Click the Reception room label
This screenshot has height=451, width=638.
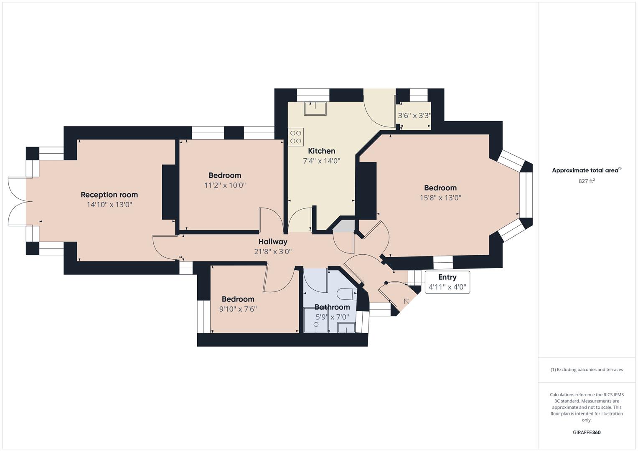click(x=109, y=195)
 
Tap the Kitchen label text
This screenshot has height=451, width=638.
click(x=321, y=151)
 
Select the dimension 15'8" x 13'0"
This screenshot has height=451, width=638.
click(x=440, y=198)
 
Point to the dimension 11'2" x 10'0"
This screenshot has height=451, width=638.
click(x=225, y=185)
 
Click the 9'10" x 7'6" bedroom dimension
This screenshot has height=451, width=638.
click(x=238, y=309)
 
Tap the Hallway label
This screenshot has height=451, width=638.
click(x=272, y=241)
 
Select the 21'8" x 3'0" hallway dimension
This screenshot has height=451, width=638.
click(x=272, y=252)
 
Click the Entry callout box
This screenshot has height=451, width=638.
click(x=447, y=282)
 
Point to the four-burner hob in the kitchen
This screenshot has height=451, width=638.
click(x=296, y=137)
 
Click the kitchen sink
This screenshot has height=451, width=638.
click(x=315, y=109)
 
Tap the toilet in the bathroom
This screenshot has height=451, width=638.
click(x=346, y=294)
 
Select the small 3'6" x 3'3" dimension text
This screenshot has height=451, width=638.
click(x=414, y=116)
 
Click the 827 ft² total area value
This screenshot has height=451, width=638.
click(x=587, y=181)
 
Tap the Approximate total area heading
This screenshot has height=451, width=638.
click(x=586, y=170)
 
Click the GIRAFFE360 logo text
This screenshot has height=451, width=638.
click(x=586, y=432)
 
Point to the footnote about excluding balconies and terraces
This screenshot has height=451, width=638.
click(x=586, y=370)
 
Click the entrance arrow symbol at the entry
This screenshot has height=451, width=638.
click(x=406, y=301)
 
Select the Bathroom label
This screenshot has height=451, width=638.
click(x=332, y=307)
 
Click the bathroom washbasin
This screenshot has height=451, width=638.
click(x=346, y=328)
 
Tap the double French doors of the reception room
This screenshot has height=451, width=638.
click(x=19, y=202)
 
